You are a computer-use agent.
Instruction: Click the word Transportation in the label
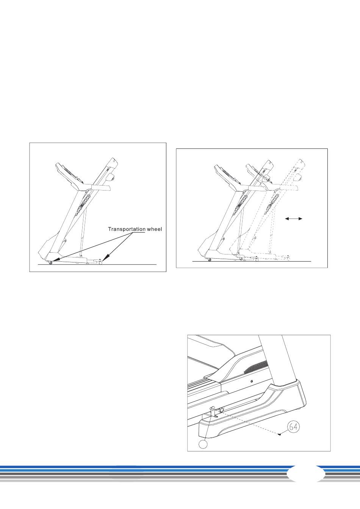coord(127,229)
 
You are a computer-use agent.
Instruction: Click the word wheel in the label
coord(154,229)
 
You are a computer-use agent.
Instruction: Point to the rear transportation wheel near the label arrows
coord(101,262)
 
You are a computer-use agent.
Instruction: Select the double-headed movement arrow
coord(294,219)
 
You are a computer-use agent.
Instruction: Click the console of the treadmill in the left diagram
coord(68,173)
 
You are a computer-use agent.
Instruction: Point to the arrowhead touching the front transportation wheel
coord(55,259)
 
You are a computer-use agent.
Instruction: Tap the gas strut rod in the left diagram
coord(83,233)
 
